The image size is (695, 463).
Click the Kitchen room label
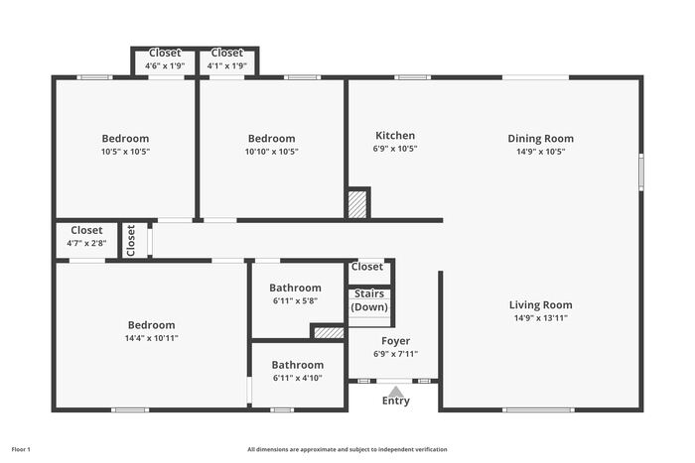(x=395, y=136)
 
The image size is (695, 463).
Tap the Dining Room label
(x=540, y=139)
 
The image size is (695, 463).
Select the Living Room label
(x=540, y=305)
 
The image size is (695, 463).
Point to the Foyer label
(x=395, y=341)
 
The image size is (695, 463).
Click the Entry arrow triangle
(x=396, y=392)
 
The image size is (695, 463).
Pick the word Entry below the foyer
(x=396, y=401)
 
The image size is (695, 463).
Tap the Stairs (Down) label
(x=369, y=300)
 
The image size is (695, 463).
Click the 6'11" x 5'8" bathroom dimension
(x=295, y=301)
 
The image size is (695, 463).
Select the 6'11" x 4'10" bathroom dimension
(x=298, y=378)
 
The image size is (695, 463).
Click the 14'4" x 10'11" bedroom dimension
(x=152, y=338)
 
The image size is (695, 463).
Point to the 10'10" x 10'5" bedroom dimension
(x=272, y=152)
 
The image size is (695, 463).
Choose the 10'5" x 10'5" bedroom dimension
(x=125, y=152)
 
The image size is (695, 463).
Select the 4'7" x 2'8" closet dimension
(x=86, y=243)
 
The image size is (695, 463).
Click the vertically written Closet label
(x=130, y=241)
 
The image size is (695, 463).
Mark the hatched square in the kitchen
(x=357, y=204)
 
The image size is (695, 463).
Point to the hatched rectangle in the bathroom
(x=329, y=333)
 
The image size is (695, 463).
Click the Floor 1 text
(x=21, y=450)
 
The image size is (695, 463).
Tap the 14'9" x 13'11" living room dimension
(x=541, y=318)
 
